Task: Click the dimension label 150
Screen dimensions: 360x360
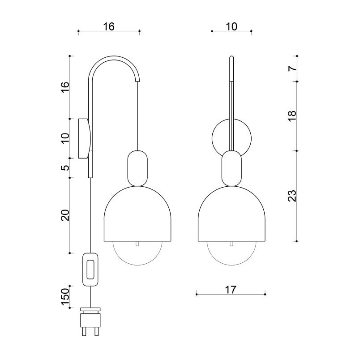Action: [65, 296]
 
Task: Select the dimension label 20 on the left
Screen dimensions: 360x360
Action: [65, 215]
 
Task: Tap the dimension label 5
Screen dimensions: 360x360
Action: [65, 168]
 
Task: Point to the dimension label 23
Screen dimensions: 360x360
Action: [292, 196]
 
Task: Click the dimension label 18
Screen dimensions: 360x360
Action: [292, 116]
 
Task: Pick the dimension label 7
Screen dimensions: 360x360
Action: [292, 69]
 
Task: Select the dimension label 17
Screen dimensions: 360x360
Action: [231, 290]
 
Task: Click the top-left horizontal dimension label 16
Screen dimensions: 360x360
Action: [109, 26]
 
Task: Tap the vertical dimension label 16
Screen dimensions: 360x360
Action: [65, 87]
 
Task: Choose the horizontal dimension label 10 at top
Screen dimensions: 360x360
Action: [231, 26]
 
